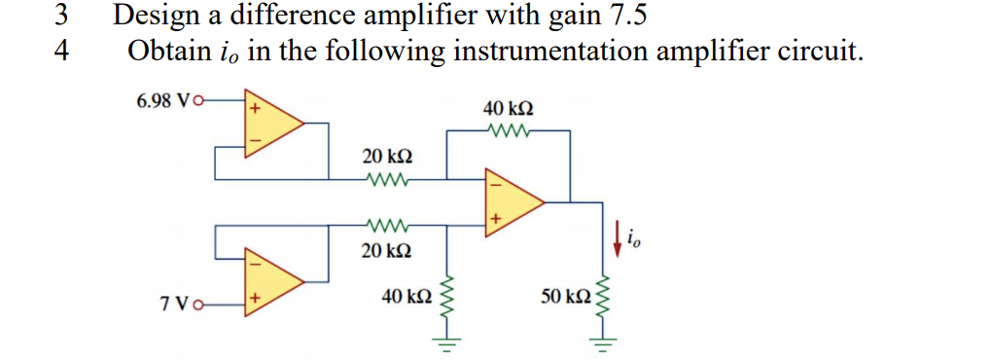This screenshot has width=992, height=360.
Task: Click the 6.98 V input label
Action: coord(165,99)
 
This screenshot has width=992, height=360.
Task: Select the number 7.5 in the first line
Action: coord(626,17)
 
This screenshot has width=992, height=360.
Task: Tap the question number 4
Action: coord(60,51)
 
